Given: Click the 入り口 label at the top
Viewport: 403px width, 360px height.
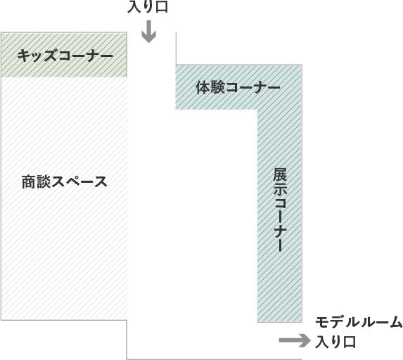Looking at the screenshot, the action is pyautogui.click(x=148, y=6).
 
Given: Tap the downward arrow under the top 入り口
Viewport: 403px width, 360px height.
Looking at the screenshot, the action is pyautogui.click(x=149, y=32).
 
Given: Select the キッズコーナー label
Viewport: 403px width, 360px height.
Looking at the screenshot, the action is pyautogui.click(x=65, y=56).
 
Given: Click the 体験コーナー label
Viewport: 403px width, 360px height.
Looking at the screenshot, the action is pyautogui.click(x=238, y=88).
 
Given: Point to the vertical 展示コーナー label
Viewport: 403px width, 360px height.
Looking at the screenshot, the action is pyautogui.click(x=280, y=210).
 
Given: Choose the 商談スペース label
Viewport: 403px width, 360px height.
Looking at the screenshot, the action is pyautogui.click(x=64, y=181).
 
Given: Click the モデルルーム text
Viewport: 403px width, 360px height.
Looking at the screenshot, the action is pyautogui.click(x=359, y=322).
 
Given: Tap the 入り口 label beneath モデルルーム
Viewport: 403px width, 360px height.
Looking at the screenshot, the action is pyautogui.click(x=335, y=342).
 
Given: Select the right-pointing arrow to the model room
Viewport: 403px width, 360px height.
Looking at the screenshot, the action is pyautogui.click(x=295, y=340).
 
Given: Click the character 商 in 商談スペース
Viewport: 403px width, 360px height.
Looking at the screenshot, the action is pyautogui.click(x=29, y=181).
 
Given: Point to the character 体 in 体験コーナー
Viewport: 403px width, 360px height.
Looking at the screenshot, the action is pyautogui.click(x=203, y=88).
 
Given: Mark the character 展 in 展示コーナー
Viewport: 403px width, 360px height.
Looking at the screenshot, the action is pyautogui.click(x=280, y=175).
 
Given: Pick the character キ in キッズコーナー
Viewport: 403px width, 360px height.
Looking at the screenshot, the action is pyautogui.click(x=24, y=56).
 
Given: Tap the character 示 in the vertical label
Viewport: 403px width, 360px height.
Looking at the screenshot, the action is pyautogui.click(x=280, y=189).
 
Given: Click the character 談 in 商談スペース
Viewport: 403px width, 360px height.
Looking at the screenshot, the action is pyautogui.click(x=43, y=181).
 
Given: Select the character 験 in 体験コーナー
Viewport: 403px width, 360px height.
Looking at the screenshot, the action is pyautogui.click(x=217, y=88).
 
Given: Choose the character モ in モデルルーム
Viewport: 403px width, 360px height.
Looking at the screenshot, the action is pyautogui.click(x=322, y=322).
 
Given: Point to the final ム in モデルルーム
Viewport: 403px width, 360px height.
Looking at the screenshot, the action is pyautogui.click(x=396, y=322).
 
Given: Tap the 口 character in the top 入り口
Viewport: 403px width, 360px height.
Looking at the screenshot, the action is pyautogui.click(x=162, y=7).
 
